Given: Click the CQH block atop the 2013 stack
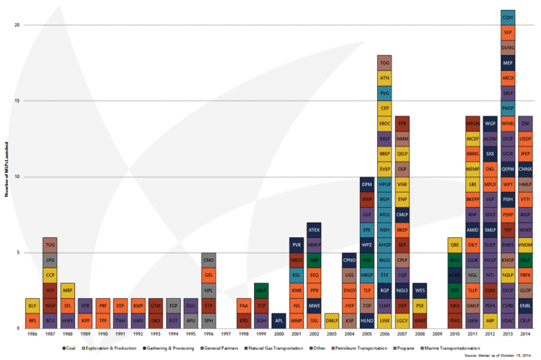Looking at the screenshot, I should pyautogui.click(x=508, y=17).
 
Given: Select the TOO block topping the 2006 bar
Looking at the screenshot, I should pyautogui.click(x=384, y=63).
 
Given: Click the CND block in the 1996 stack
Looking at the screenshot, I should pyautogui.click(x=208, y=260).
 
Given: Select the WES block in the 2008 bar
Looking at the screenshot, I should pyautogui.click(x=420, y=291).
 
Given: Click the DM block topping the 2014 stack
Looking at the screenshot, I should pyautogui.click(x=525, y=123).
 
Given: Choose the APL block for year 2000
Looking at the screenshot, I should pyautogui.click(x=279, y=321).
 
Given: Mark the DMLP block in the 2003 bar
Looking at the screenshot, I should pyautogui.click(x=332, y=321).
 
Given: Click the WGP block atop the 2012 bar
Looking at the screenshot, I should pyautogui.click(x=491, y=123).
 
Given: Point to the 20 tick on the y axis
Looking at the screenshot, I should pyautogui.click(x=18, y=25).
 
